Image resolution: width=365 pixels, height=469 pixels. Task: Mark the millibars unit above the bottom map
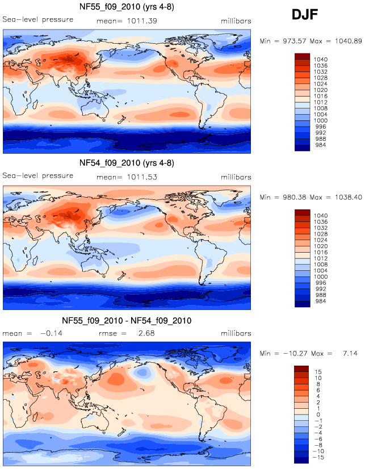click(234, 334)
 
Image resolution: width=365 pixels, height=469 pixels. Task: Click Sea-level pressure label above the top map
click(38, 19)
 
